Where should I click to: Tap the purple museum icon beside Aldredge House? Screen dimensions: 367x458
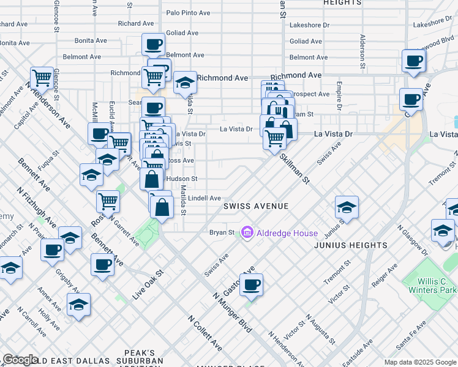coord(247,232)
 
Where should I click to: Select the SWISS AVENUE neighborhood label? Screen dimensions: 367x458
coord(256,206)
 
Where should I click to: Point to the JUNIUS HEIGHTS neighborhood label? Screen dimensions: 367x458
coord(351,245)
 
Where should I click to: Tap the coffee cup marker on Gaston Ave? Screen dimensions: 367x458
coord(251,284)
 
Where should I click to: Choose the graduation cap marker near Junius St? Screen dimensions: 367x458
coord(347,208)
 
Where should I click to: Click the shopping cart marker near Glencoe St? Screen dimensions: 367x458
coord(42,78)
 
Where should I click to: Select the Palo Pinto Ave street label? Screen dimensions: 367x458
coord(188,12)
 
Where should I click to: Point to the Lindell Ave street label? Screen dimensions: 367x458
coord(205,198)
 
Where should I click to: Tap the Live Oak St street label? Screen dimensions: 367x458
coord(148,285)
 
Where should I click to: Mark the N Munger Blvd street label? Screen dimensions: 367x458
coord(233,313)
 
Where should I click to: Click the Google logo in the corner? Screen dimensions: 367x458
coord(20,360)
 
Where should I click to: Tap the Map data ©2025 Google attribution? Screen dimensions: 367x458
coord(420,362)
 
